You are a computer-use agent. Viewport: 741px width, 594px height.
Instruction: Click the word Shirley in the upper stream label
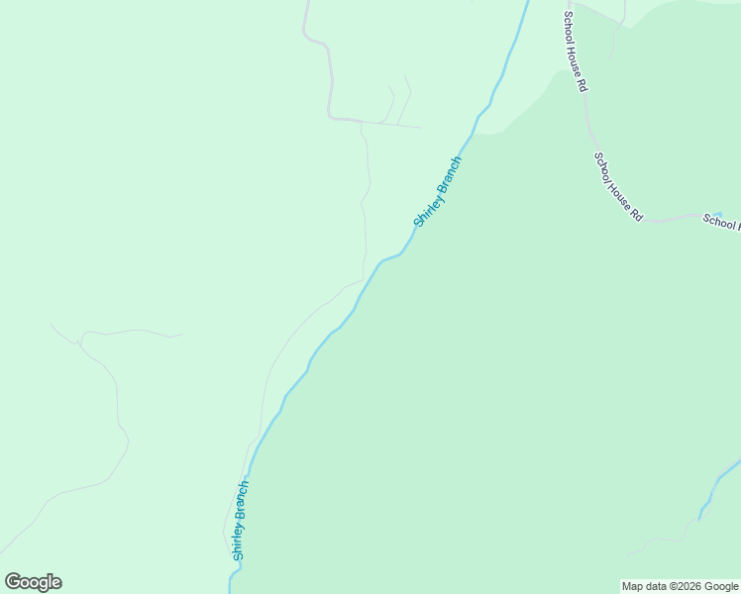point(428,207)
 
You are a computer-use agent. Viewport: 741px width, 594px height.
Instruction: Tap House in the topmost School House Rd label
point(576,58)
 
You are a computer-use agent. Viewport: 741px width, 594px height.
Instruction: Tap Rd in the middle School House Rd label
point(636,215)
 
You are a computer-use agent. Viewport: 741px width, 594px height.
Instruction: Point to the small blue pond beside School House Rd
point(717,213)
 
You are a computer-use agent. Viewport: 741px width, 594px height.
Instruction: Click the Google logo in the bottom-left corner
point(33,582)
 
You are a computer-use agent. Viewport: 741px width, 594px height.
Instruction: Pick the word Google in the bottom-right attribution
point(722,586)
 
